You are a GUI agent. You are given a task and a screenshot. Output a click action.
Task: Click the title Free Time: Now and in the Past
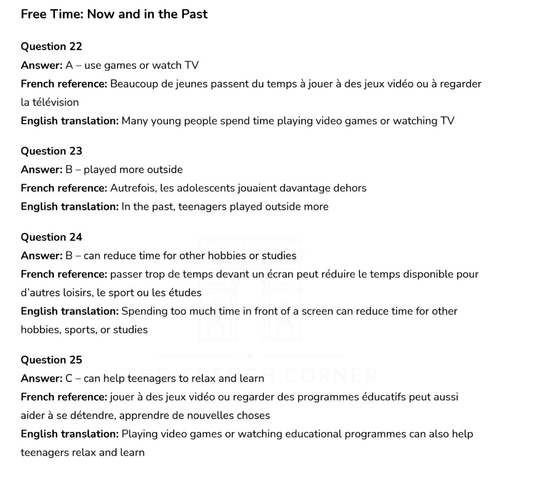click(x=114, y=14)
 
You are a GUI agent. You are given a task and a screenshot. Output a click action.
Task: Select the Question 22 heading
click(x=51, y=47)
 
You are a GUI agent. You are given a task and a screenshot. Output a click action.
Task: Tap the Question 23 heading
click(x=51, y=151)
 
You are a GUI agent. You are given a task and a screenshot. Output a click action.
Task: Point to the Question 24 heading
click(x=51, y=237)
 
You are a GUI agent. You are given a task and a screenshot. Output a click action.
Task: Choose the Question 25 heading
click(x=51, y=360)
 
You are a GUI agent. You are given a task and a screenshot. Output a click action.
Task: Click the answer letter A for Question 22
click(x=69, y=65)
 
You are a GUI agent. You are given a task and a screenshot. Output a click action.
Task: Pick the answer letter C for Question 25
click(x=69, y=379)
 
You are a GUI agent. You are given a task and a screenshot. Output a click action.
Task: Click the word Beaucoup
click(x=132, y=84)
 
